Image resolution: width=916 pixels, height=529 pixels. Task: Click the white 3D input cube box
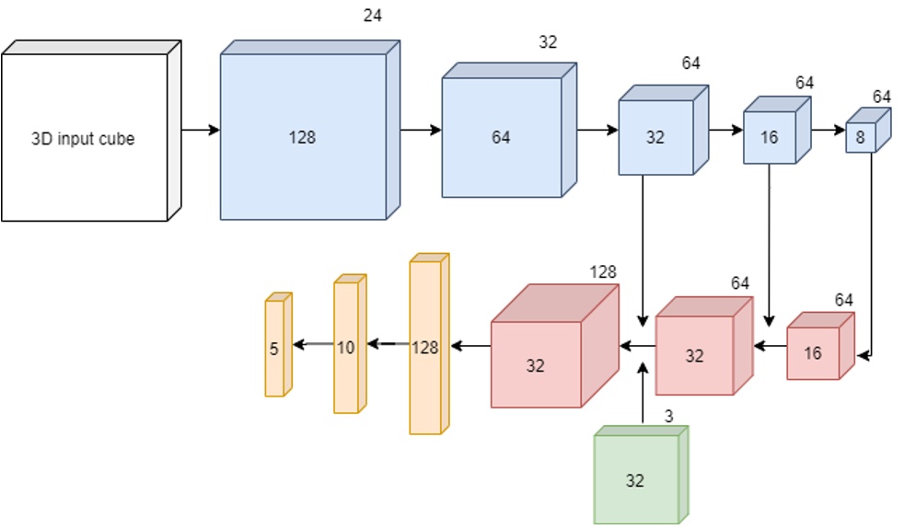pos(85,138)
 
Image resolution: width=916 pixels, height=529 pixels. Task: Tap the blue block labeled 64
pos(502,137)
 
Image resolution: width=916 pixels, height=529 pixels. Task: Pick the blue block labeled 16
pos(771,136)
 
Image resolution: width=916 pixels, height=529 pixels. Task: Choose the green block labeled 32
pos(636,479)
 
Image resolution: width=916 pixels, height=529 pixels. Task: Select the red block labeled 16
pos(814,352)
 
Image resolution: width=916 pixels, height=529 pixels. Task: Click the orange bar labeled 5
pos(274,348)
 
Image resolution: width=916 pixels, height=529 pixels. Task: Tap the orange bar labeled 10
pos(345,347)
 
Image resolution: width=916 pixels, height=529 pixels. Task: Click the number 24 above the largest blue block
pos(373,15)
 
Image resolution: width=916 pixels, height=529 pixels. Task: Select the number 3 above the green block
pos(668,417)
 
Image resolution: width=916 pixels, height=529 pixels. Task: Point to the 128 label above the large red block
pos(603,271)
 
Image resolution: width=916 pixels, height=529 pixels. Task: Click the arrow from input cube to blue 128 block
pos(201,131)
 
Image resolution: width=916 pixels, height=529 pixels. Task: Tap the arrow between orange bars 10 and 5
pos(313,345)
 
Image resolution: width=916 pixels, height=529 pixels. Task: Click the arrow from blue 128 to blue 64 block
pos(421,131)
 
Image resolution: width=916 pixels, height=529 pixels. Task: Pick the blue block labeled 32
pos(655,137)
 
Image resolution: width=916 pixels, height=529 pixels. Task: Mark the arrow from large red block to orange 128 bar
pos(470,346)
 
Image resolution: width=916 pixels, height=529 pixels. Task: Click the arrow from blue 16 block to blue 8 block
pos(828,131)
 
